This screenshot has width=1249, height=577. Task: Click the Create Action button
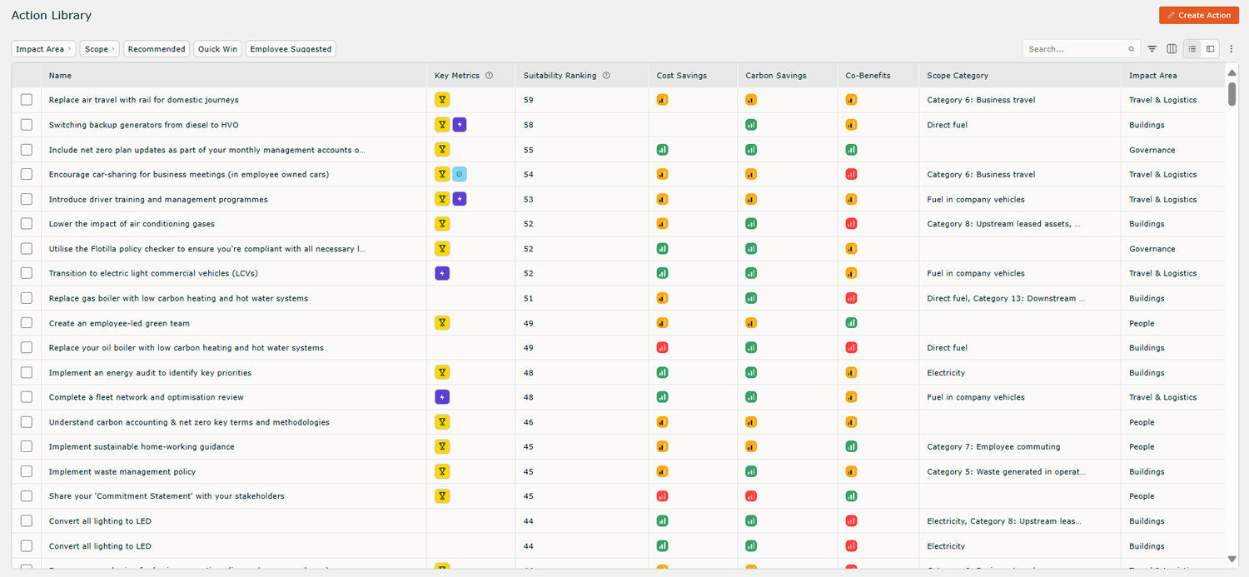click(1198, 15)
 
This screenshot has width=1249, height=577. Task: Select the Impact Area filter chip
click(43, 49)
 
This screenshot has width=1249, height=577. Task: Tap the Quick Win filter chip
click(217, 49)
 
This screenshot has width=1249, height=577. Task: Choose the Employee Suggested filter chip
click(291, 49)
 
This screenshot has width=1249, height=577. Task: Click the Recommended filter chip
click(157, 49)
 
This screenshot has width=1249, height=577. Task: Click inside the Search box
click(1076, 49)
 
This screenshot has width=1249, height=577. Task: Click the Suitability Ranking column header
click(560, 76)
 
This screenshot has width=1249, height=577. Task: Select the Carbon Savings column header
click(775, 76)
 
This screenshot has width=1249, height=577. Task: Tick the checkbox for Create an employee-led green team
click(27, 323)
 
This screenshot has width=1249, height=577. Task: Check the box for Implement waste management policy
click(27, 471)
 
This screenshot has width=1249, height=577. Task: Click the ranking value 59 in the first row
click(529, 100)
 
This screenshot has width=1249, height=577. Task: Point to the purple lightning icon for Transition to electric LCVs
click(442, 273)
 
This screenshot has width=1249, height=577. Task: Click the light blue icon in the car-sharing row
click(460, 174)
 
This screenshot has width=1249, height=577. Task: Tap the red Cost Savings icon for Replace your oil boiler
click(662, 347)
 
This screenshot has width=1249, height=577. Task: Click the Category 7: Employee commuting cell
click(993, 447)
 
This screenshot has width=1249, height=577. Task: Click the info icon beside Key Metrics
click(489, 76)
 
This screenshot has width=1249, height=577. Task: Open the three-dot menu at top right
click(1232, 49)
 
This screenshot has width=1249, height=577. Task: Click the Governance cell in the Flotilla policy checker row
click(1152, 249)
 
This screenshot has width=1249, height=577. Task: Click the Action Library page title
click(52, 16)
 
